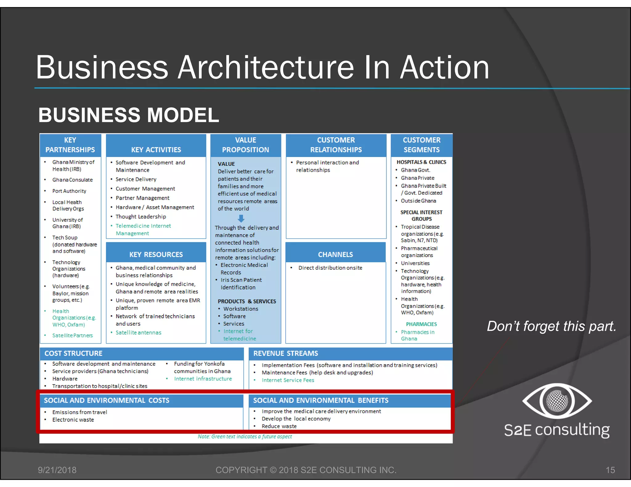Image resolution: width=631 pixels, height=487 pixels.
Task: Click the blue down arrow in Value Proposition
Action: [241, 219]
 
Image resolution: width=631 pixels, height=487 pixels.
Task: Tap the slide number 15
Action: [610, 470]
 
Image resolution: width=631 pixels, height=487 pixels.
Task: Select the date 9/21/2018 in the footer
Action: [57, 470]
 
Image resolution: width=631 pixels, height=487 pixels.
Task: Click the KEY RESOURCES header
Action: [156, 255]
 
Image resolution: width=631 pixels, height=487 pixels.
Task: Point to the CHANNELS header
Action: [335, 255]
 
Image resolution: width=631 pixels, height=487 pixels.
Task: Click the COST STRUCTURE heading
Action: [73, 353]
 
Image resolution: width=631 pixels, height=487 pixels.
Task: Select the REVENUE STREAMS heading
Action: [286, 353]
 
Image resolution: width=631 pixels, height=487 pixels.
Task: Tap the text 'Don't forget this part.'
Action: [551, 326]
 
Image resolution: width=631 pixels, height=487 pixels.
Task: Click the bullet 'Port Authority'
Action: [69, 191]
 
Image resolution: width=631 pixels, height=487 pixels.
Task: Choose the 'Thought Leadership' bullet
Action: [141, 216]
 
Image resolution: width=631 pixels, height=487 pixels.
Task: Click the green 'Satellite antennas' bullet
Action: [138, 332]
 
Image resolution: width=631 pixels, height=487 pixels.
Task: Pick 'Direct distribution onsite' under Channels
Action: [330, 268]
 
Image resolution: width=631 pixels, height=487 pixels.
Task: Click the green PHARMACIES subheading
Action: [421, 324]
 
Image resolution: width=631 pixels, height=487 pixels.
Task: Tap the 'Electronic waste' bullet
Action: [73, 420]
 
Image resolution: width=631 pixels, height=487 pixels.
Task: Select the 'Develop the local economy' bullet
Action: [296, 419]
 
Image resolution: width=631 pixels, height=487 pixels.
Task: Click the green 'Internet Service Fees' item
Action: [288, 380]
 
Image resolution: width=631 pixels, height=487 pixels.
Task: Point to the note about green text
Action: [245, 437]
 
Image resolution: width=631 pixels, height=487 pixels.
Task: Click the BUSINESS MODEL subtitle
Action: [128, 115]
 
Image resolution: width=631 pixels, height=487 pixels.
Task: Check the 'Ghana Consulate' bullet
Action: [72, 180]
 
